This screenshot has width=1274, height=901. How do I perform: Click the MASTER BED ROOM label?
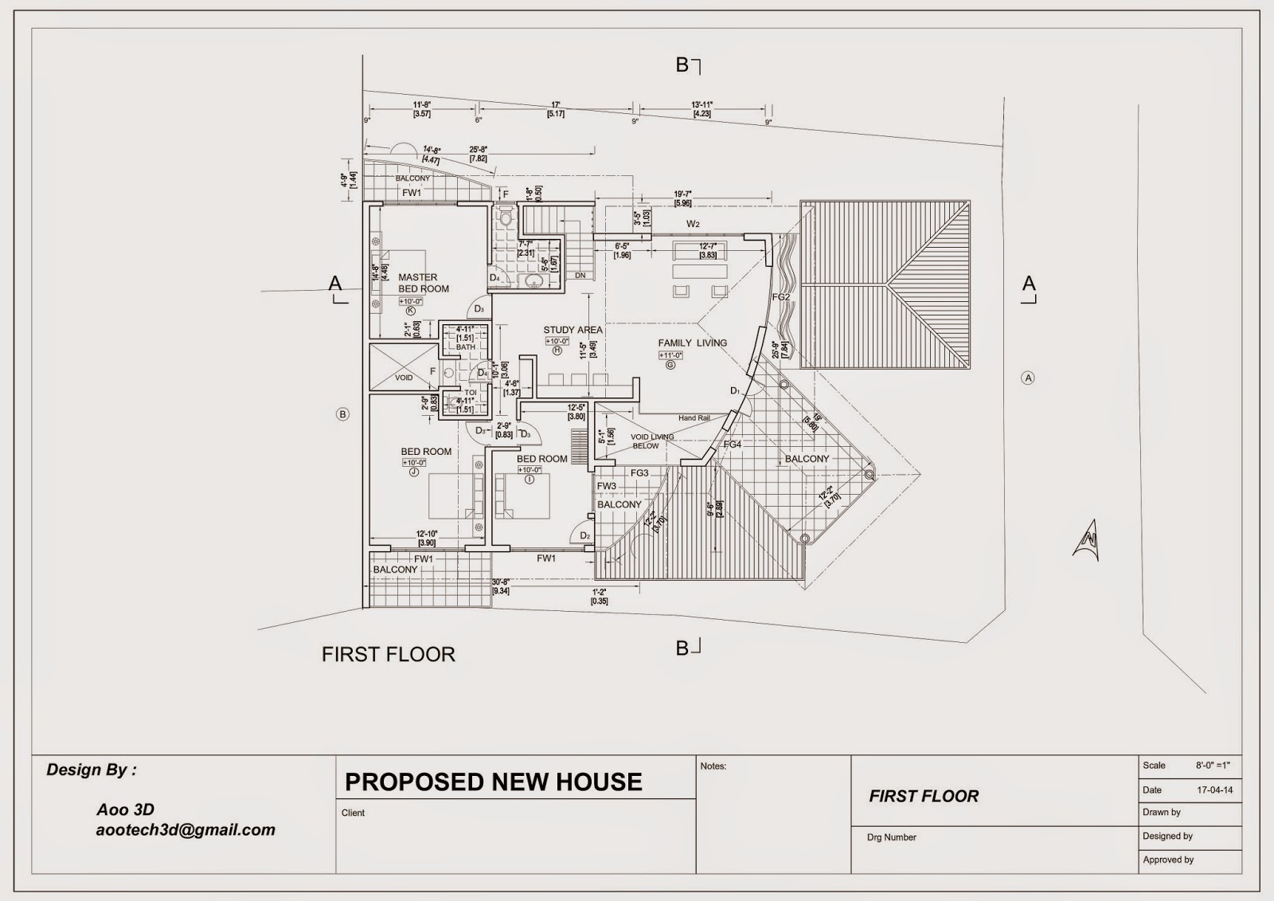(424, 283)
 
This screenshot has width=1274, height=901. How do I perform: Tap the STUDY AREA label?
(573, 330)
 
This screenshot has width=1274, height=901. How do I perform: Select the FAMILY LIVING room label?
(692, 343)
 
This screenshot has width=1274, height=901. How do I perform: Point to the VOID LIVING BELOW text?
(651, 441)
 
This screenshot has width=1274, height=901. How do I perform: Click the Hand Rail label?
(694, 418)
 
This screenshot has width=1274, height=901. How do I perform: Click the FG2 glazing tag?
(781, 297)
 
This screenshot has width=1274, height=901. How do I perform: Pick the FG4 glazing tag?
(733, 445)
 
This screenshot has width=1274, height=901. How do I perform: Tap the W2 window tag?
(693, 224)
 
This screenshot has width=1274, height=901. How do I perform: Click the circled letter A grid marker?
(1028, 378)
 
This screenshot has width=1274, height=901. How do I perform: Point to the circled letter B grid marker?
(342, 414)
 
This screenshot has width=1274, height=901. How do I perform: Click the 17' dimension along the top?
(556, 105)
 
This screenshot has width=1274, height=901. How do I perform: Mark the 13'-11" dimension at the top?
(701, 105)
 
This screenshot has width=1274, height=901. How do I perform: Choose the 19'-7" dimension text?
(683, 194)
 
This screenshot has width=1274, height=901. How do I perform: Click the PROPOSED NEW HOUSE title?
(493, 782)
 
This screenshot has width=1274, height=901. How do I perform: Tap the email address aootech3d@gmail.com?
(186, 830)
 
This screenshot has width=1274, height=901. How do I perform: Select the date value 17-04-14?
(1215, 790)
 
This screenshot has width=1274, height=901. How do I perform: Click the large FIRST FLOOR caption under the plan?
(389, 655)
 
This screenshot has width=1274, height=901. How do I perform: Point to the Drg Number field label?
(891, 837)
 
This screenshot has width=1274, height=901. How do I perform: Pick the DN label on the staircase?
(580, 276)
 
